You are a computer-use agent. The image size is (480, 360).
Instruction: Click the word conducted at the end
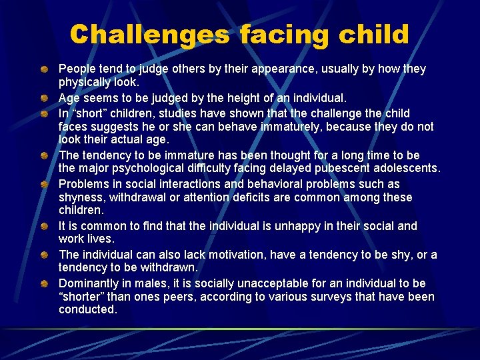(87, 309)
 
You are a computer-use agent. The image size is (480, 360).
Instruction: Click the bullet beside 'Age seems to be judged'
(43, 98)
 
